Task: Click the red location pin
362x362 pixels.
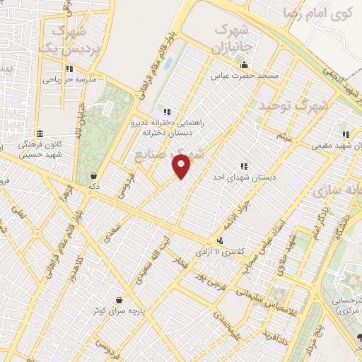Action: (182, 165)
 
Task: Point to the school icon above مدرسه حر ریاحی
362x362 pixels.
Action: (69, 69)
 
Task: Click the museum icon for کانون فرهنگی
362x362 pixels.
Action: (40, 134)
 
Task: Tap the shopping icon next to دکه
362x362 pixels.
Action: (93, 176)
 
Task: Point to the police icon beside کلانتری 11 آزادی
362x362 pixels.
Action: (221, 241)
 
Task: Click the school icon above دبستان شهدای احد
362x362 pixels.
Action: (244, 166)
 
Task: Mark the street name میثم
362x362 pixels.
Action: (285, 136)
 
